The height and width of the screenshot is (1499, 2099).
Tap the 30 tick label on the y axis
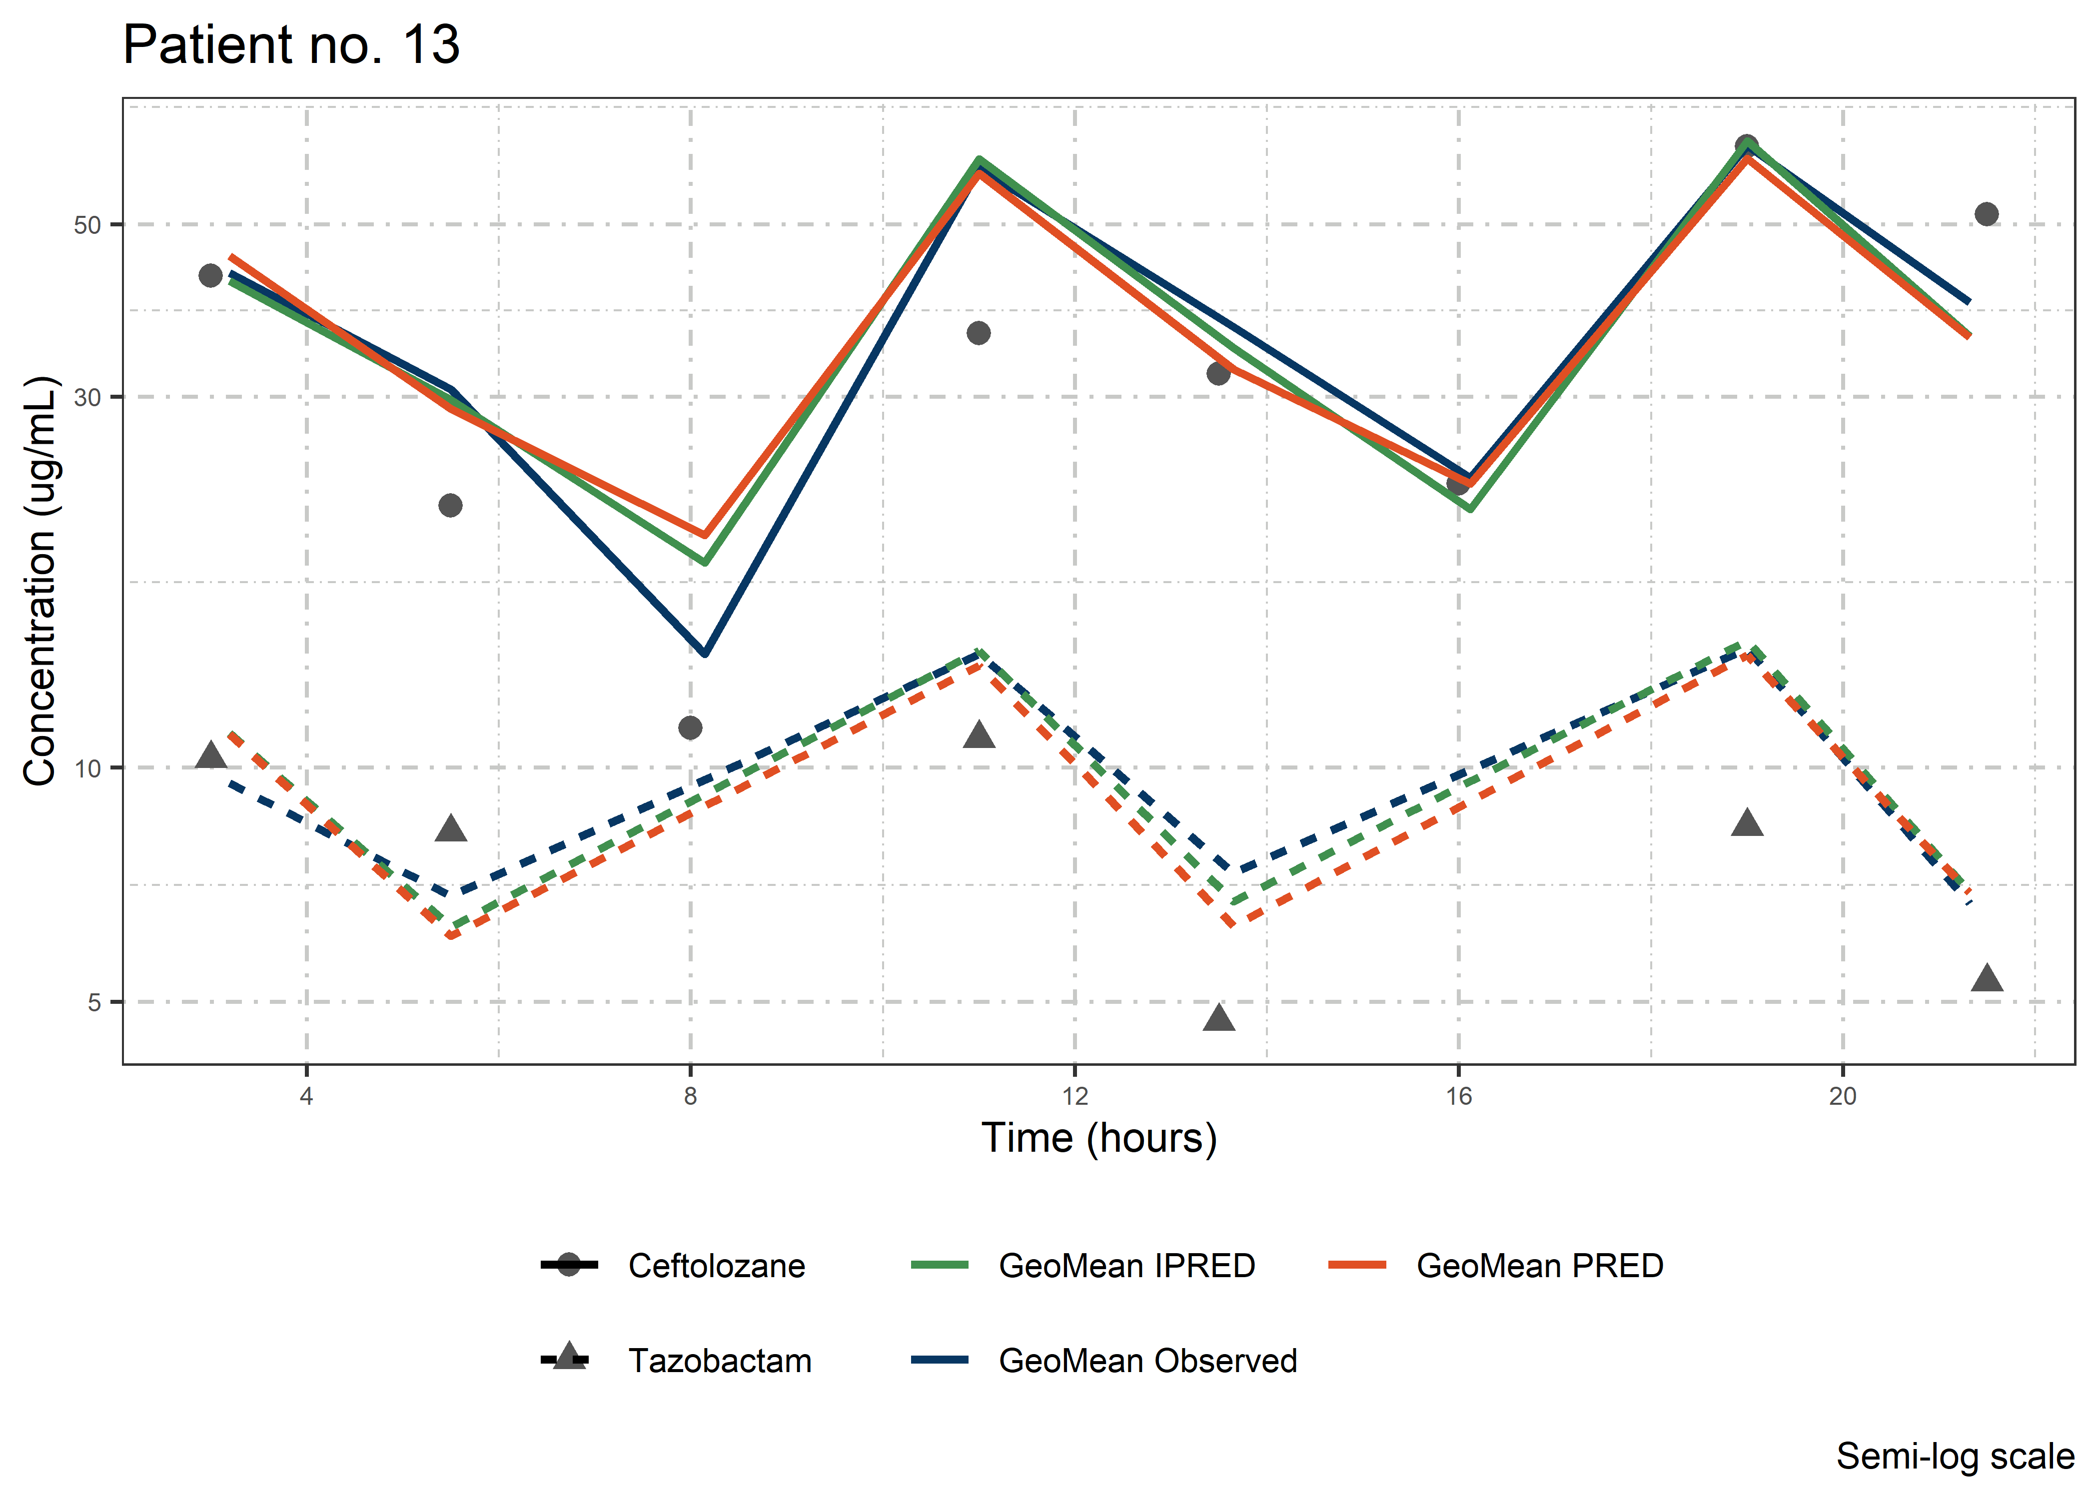(x=87, y=398)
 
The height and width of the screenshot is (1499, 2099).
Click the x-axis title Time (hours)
(x=1098, y=1138)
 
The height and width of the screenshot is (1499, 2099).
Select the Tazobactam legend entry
(x=720, y=1361)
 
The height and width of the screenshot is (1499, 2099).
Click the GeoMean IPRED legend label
(x=1126, y=1266)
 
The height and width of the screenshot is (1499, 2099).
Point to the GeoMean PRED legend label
(x=1540, y=1266)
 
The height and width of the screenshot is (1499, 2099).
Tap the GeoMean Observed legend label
(x=1147, y=1361)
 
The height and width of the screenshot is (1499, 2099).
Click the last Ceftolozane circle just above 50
(x=1987, y=214)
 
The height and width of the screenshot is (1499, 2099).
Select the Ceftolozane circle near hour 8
(x=691, y=729)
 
